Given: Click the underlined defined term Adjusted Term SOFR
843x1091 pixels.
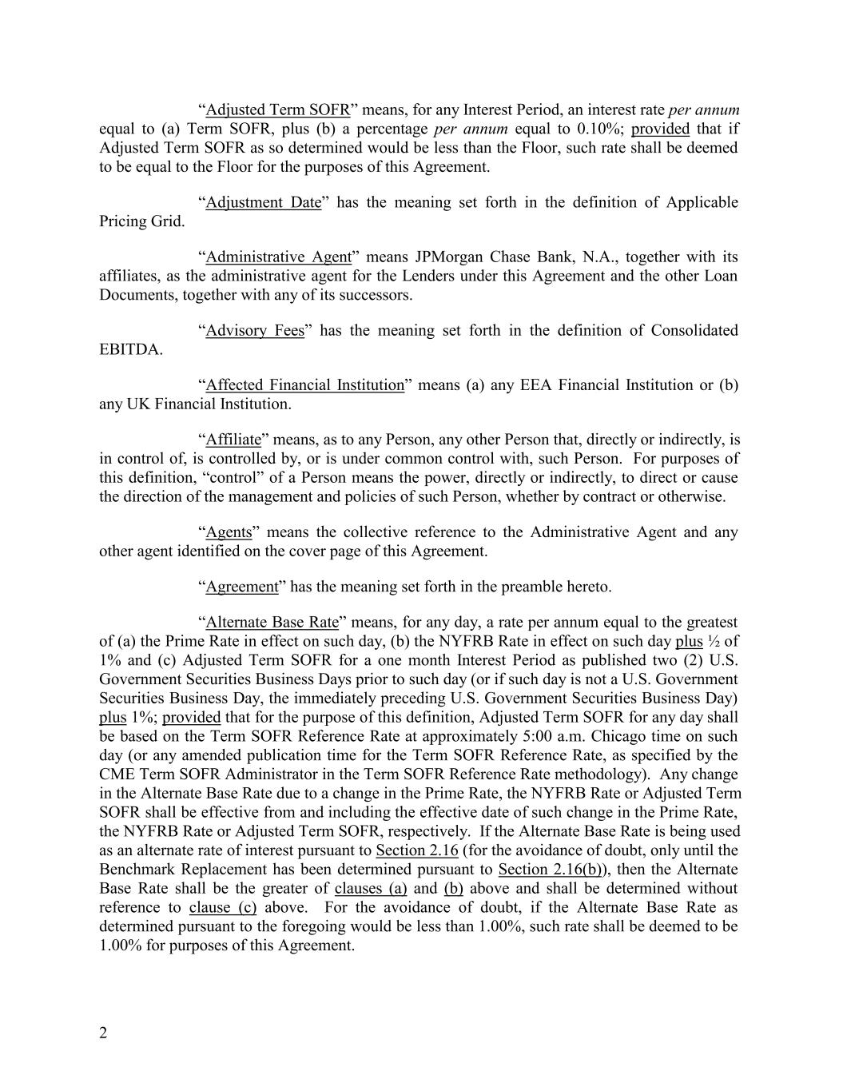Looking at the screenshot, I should coord(277,109).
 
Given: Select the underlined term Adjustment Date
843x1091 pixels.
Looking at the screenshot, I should coord(263,202).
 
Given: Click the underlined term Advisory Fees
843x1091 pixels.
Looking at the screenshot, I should coord(255,330).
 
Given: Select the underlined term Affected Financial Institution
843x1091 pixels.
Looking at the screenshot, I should coord(304,384).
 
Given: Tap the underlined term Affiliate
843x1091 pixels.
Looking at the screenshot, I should coord(233,439).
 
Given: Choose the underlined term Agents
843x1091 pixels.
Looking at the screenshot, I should coord(229,532).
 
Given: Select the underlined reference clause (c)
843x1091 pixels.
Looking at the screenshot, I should coord(223,907).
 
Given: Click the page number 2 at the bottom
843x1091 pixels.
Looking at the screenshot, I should coord(103,1033).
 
